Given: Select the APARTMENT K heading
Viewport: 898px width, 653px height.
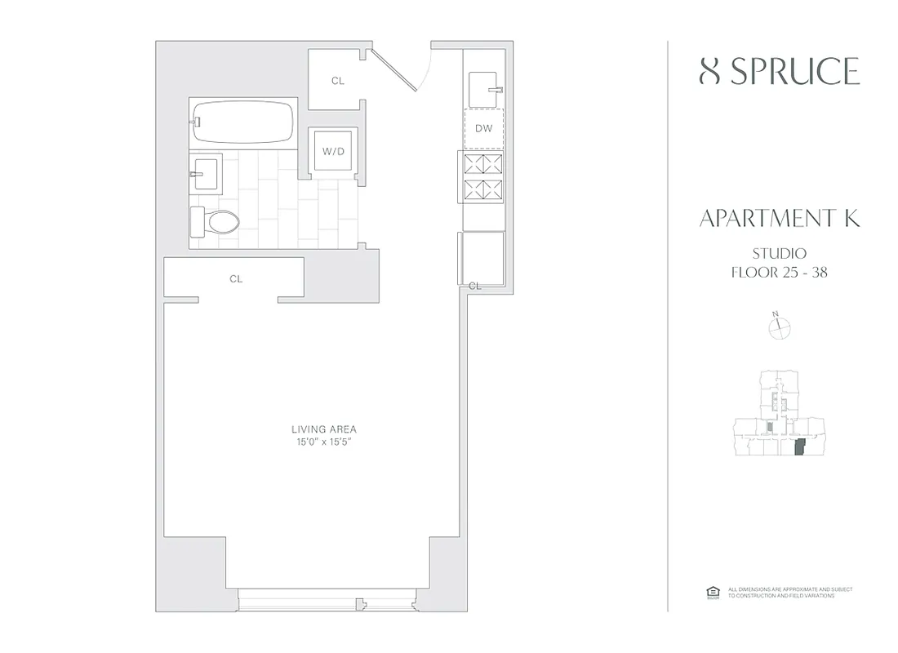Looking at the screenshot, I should coord(779,219).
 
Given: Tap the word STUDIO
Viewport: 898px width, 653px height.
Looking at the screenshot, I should coord(779,254).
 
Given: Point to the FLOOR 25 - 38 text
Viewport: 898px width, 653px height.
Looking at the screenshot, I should coord(779,273).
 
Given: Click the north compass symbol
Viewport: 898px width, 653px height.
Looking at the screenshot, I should coord(780,327).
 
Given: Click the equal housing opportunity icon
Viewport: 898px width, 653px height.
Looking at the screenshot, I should coord(711,593).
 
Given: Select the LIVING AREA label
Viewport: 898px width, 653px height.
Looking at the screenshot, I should coord(324,429).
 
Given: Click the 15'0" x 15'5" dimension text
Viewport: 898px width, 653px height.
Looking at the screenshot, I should coord(324,442).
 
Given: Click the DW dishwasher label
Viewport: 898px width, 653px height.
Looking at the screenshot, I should coord(484,128).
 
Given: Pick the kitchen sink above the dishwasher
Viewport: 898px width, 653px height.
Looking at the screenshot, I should coord(485,85).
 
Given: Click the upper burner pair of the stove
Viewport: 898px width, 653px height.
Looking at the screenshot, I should coord(483,165).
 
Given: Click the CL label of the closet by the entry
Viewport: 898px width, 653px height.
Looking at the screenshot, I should coord(337,81).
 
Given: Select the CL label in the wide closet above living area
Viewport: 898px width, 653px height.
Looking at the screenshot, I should coord(236,279).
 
